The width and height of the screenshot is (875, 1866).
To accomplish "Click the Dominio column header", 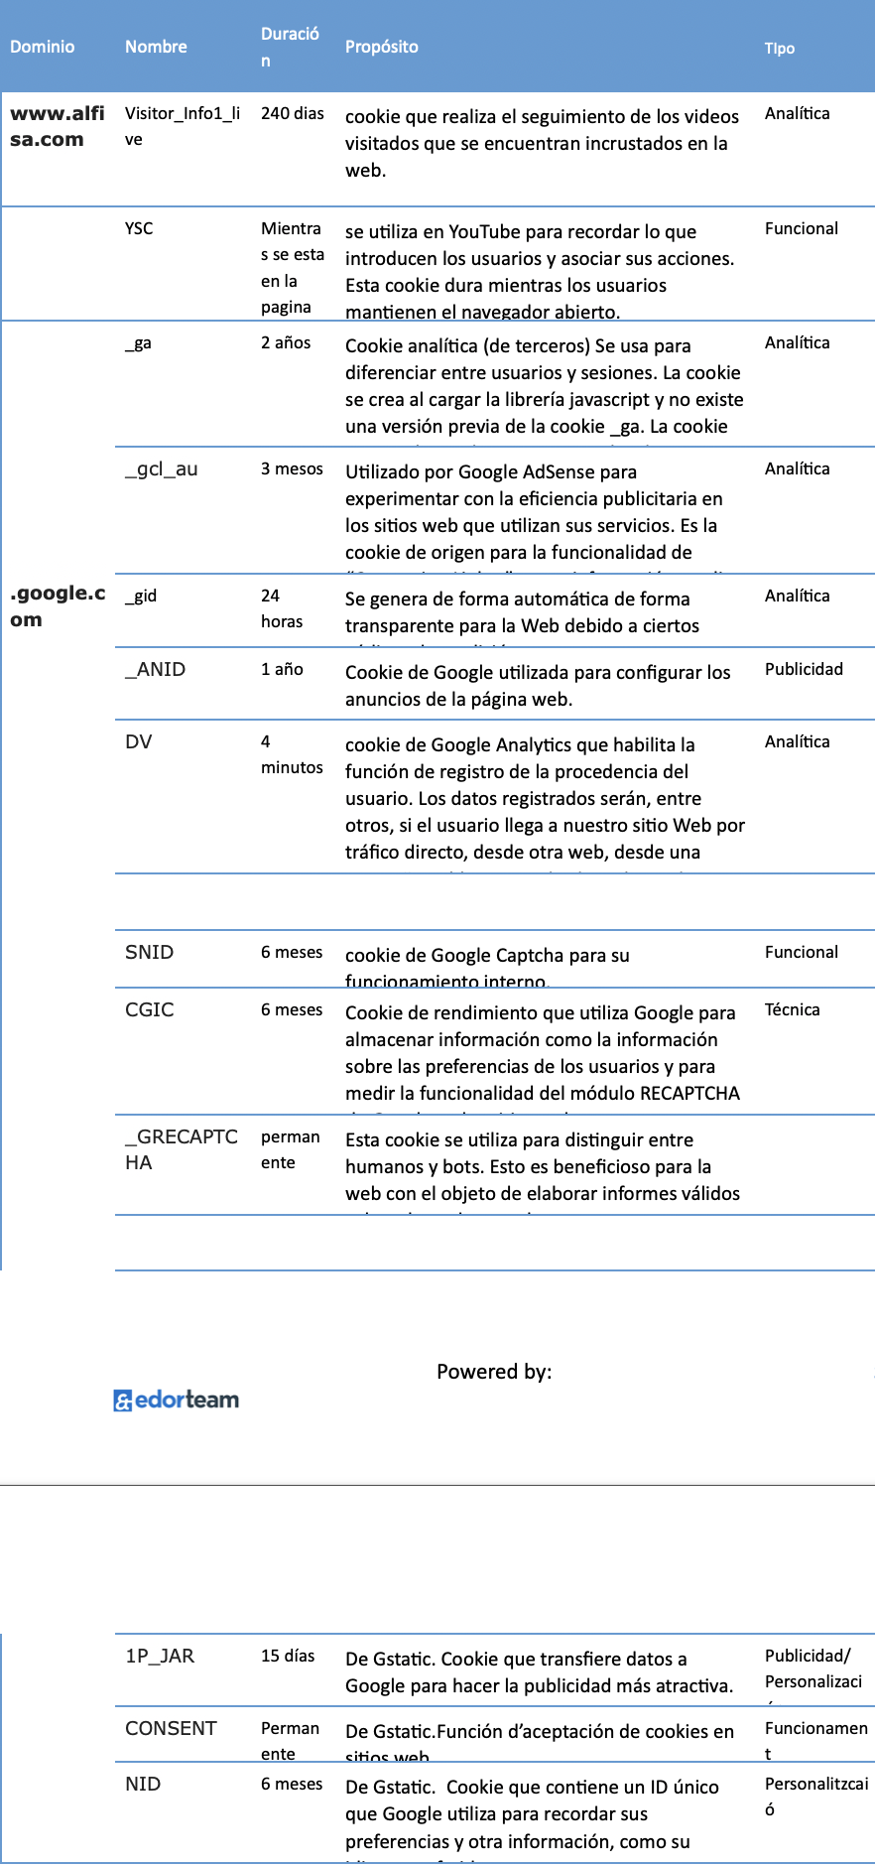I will coord(43,47).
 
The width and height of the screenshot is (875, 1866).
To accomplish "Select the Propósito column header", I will coord(382,47).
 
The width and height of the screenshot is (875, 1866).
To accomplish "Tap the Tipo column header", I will coord(780,48).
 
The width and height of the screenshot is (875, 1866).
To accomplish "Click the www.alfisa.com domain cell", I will coord(57,126).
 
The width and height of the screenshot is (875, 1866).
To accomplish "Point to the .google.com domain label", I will coord(57,605).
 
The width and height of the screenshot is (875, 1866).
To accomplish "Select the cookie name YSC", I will coord(139,228).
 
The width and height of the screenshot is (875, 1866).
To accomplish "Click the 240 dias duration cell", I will coord(293,113).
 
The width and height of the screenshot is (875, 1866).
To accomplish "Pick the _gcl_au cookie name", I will coord(162,468).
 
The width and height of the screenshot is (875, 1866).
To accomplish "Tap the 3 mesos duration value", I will coord(292,468).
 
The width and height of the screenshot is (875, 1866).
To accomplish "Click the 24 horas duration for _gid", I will coord(282,607).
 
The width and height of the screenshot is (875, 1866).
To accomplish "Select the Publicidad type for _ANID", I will coord(804,669).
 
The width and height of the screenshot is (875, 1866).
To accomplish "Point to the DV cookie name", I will coord(139,741).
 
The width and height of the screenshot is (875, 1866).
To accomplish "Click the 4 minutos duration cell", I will coord(291,754).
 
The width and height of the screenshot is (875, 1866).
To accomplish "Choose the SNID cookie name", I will coord(150,952).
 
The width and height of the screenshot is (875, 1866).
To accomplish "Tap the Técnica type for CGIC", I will coord(792,1009).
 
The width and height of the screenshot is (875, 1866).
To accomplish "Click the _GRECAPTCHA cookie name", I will coord(181,1149).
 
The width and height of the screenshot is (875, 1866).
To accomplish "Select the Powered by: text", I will coord(494,1372).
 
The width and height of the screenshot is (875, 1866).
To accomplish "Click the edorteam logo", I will coord(177,1399).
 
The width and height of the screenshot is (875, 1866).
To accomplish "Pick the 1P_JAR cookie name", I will coord(160,1656).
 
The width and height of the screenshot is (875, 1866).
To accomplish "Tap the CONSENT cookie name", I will coord(171,1728).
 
